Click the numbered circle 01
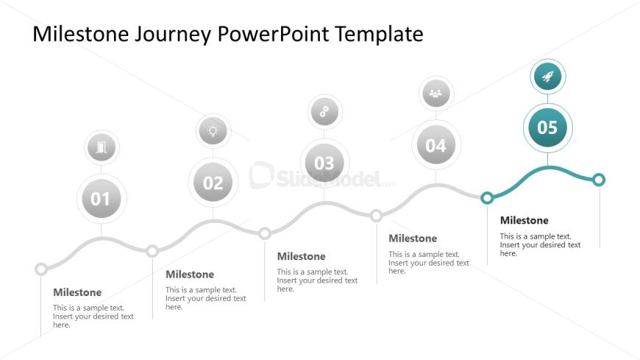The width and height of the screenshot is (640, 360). point(102,199)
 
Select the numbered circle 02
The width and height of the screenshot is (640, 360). point(213,183)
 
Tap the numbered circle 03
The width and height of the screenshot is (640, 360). point(324,163)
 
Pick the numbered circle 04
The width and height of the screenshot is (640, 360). point(436,144)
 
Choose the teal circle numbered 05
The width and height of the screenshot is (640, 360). point(547,127)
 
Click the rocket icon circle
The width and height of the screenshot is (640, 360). point(548,77)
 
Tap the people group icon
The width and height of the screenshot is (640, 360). point(436,93)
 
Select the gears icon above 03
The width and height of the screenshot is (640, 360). point(324,112)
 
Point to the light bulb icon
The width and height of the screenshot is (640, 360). point(213,131)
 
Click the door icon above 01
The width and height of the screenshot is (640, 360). point(102,147)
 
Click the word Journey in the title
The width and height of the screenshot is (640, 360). point(173,35)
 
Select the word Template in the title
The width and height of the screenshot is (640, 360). point(379,35)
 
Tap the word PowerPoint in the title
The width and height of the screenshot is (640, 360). point(273,34)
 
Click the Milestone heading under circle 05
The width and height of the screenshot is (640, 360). point(524,220)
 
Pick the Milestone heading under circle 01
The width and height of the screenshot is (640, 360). point(77,292)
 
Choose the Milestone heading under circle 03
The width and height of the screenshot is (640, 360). point(301,256)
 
